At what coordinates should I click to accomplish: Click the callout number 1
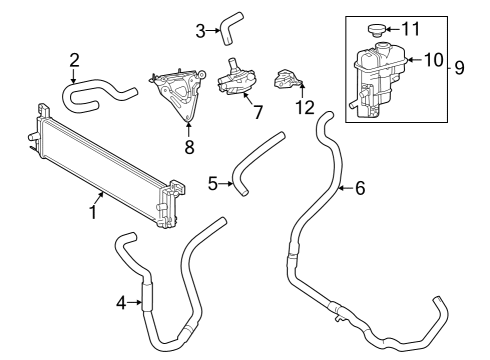[93, 211]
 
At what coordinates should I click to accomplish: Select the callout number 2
[74, 62]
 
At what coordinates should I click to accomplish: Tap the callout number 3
[201, 32]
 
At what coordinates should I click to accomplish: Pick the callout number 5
[213, 182]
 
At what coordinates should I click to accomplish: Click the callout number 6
[360, 187]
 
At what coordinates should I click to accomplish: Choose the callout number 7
[257, 111]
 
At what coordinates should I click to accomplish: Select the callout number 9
[459, 68]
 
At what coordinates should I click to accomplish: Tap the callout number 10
[433, 59]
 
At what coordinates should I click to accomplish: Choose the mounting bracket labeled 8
[176, 95]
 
